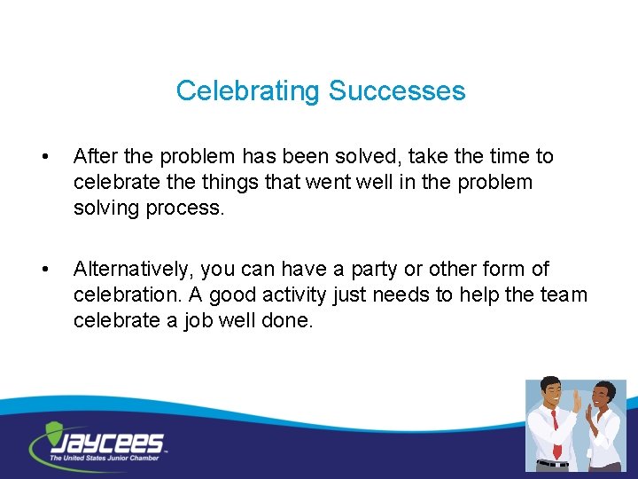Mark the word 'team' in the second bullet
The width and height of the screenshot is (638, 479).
tap(563, 294)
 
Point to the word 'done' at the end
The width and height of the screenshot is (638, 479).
tap(291, 319)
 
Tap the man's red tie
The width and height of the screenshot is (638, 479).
tap(554, 426)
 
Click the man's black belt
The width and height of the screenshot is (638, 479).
tap(553, 463)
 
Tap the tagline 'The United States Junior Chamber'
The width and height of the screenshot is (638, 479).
tap(105, 458)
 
